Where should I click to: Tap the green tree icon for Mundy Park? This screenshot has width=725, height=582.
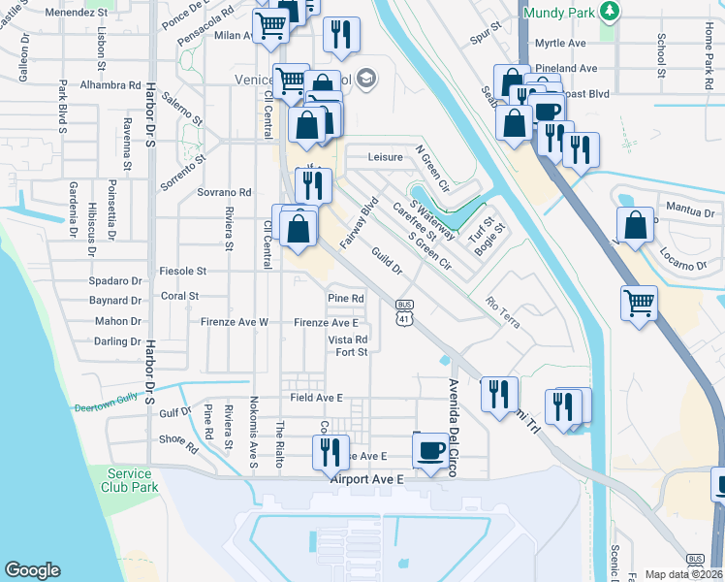click(610, 12)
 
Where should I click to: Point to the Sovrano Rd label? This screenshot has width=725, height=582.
click(225, 192)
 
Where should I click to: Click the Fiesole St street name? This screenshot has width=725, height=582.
click(182, 271)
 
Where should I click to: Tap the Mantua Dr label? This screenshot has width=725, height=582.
click(690, 210)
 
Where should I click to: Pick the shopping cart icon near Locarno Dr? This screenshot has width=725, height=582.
click(639, 303)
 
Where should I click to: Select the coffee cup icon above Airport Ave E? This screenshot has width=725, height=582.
click(430, 449)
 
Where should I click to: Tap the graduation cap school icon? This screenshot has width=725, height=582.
click(366, 79)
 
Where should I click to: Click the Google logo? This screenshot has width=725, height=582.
click(32, 570)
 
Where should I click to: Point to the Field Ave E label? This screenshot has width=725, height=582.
click(316, 398)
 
